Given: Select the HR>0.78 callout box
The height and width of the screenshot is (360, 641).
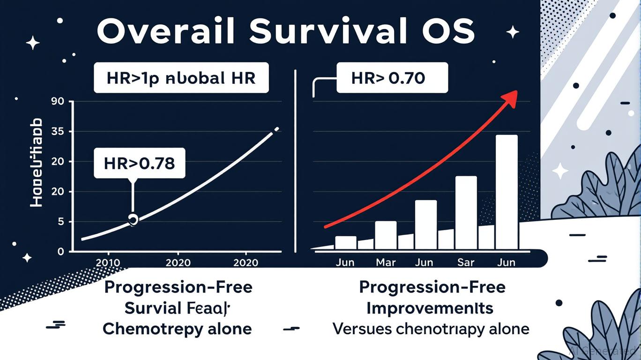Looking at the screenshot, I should tap(140, 164).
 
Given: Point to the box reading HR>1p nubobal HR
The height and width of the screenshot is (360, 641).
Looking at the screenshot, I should tap(181, 78).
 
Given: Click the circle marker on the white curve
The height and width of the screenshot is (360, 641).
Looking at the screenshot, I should tap(133, 219).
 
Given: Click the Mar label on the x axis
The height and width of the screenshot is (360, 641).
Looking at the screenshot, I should tap(386, 262).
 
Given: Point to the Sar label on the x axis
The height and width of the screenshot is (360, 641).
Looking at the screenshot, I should tap(466, 262).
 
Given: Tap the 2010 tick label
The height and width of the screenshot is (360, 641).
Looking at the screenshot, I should tap(107, 262).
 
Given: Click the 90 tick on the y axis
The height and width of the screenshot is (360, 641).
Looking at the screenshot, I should tap(62, 101).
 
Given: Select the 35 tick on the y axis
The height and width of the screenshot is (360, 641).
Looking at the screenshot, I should tap(62, 132).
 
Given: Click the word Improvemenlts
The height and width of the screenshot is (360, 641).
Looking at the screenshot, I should tap(430, 308).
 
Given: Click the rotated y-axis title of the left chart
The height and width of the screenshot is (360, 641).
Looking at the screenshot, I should tap(36, 163).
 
